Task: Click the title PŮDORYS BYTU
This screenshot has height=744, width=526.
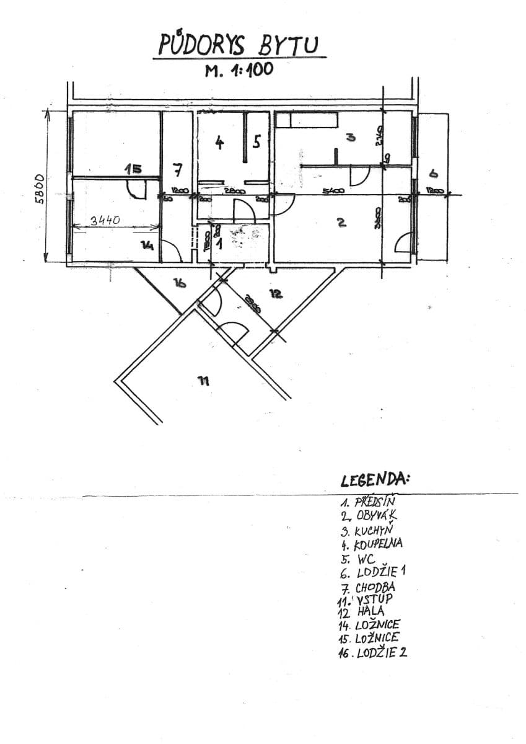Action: [x=239, y=45]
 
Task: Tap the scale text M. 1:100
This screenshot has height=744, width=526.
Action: [x=239, y=70]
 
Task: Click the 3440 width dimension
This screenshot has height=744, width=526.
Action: [x=106, y=220]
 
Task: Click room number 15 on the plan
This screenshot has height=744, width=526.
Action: [x=133, y=168]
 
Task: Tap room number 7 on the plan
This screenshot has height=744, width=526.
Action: [x=178, y=169]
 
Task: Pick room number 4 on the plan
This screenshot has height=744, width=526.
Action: [x=219, y=143]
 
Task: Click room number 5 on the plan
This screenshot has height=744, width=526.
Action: [x=256, y=142]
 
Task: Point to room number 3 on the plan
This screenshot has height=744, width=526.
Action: [x=351, y=138]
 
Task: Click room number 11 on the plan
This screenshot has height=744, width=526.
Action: [x=203, y=381]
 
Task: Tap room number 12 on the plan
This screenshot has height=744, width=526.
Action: [x=276, y=294]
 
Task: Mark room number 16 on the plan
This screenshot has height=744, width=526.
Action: [x=180, y=283]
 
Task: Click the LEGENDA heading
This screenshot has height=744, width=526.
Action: [x=375, y=480]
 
